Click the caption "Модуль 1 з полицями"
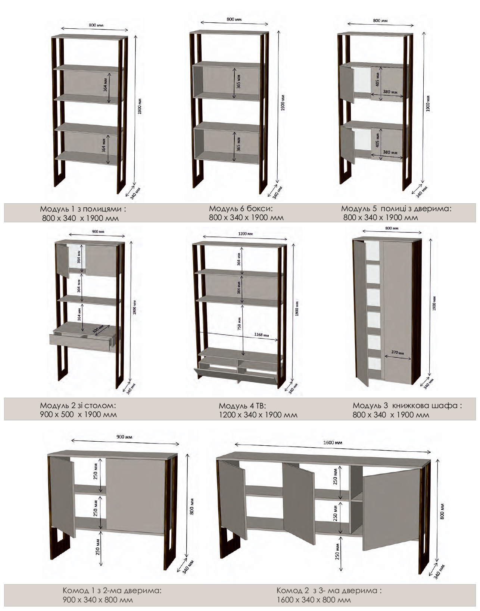[x=83, y=209]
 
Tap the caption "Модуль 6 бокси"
[x=241, y=209]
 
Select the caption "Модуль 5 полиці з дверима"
[x=396, y=209]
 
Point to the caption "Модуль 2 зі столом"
[x=78, y=405]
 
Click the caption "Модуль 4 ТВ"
[x=242, y=405]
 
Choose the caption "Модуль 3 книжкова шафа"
[x=407, y=405]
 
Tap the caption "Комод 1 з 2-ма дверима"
[x=112, y=590]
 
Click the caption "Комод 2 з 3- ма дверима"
[x=329, y=590]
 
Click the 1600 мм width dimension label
[x=333, y=442]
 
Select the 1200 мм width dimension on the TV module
[x=245, y=234]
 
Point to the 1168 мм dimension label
[x=261, y=335]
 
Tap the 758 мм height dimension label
[x=239, y=323]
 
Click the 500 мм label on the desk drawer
[x=98, y=329]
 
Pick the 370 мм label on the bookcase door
[x=398, y=352]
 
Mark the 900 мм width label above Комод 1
[x=124, y=437]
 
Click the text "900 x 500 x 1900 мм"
[x=78, y=414]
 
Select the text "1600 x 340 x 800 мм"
[x=314, y=600]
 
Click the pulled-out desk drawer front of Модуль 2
[x=80, y=342]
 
